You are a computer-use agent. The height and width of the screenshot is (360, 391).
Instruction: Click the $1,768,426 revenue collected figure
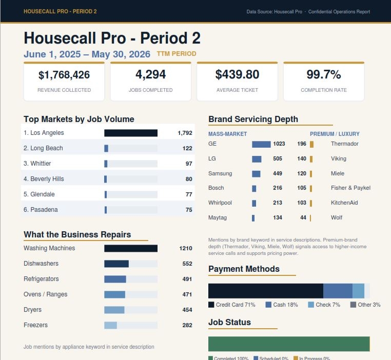(64, 75)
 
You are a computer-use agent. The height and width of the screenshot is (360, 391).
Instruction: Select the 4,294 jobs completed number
(151, 74)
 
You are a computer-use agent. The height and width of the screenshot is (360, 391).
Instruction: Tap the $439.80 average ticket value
(237, 74)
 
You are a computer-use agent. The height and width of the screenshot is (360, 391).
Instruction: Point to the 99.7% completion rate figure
(324, 74)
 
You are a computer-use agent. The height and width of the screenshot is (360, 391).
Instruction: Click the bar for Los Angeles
(131, 133)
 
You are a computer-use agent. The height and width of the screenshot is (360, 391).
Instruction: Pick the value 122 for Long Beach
(187, 149)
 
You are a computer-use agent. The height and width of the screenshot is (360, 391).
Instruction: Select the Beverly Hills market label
(44, 179)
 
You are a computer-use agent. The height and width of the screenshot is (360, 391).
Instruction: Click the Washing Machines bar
(131, 248)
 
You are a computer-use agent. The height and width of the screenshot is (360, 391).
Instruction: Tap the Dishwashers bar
(116, 264)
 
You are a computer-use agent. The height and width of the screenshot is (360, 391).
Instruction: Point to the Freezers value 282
(187, 325)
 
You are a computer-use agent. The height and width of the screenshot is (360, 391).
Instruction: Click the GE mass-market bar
(261, 144)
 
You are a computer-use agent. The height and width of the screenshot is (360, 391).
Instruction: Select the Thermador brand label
(345, 144)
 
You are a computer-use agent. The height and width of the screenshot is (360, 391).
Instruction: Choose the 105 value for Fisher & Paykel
(302, 188)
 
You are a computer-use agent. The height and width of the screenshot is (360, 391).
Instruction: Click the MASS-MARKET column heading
(227, 134)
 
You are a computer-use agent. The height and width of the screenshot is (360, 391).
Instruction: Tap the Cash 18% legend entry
(282, 305)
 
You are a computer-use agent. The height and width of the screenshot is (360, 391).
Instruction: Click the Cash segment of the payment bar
(338, 291)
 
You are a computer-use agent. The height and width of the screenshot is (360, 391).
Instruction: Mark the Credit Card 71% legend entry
(231, 305)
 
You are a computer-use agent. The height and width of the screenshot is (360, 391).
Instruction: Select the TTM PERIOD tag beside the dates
(177, 54)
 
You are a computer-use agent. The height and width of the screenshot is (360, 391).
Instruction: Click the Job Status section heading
(229, 322)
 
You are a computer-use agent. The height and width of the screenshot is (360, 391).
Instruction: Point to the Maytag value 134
(278, 217)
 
